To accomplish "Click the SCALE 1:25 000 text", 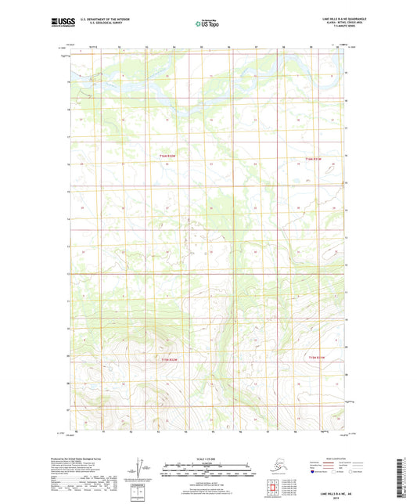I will point(207,459).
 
